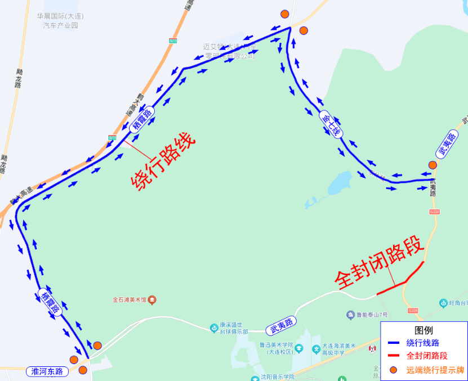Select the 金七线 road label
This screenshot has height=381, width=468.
coord(331,124)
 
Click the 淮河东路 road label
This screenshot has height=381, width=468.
coord(47,371)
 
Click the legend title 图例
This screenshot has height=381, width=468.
coord(424,330)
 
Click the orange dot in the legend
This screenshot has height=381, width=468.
coord(394,370)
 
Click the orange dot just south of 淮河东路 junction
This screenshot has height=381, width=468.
coord(83,370)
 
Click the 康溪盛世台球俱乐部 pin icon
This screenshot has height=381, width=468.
coord(214,328)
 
